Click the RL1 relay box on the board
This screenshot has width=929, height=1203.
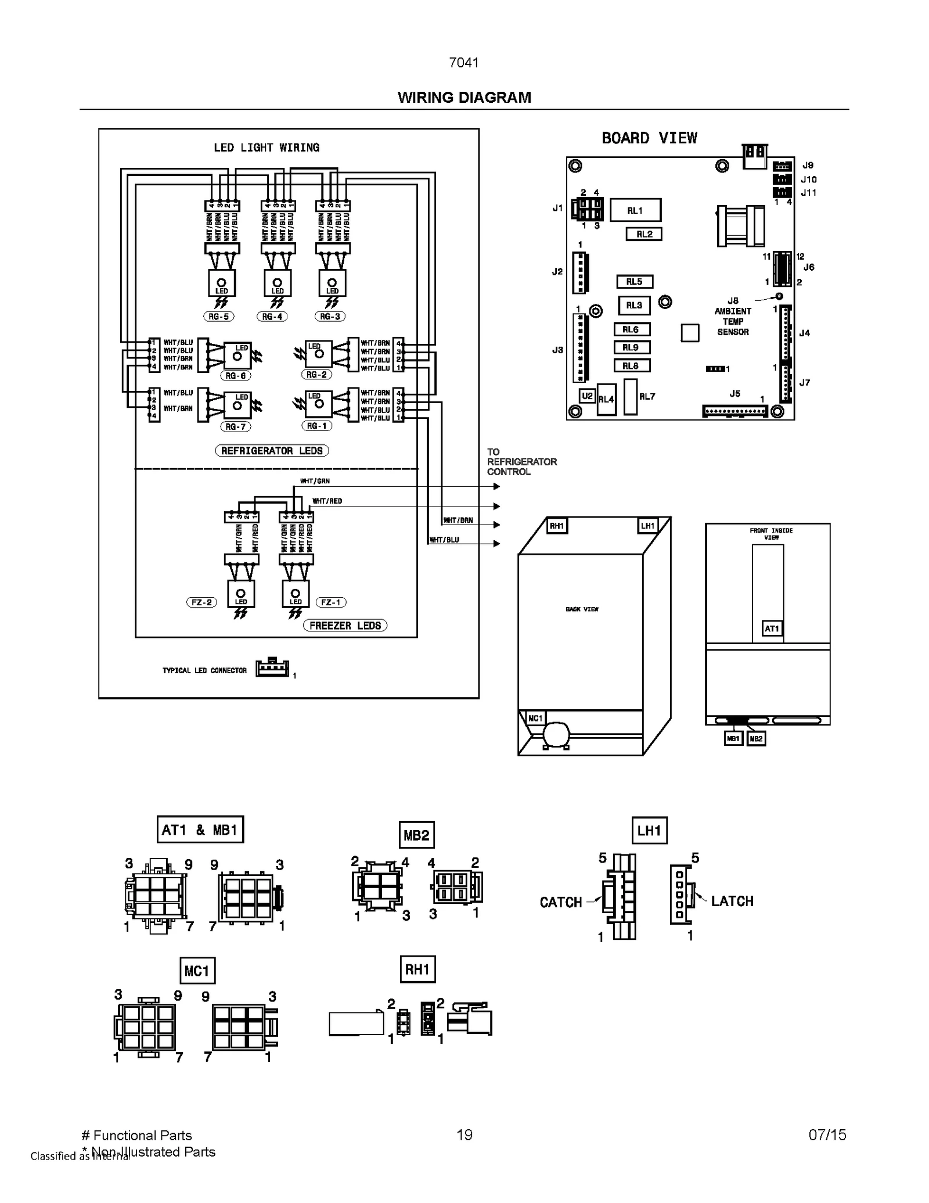coord(635,210)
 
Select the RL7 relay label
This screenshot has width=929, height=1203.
coord(647,396)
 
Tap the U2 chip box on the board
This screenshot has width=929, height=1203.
coord(587,396)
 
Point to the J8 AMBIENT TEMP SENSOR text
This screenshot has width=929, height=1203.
coord(732,317)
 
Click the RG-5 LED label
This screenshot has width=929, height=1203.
coord(219,317)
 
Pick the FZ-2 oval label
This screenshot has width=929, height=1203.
coord(201,602)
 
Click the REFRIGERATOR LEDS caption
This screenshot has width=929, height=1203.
coord(272,451)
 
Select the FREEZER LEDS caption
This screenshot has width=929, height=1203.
coord(345,626)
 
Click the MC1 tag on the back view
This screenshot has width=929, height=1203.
coord(535,719)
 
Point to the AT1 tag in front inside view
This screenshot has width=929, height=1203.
coord(771,629)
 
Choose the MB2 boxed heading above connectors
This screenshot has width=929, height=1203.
coord(416,835)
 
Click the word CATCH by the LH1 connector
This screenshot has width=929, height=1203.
coord(560,902)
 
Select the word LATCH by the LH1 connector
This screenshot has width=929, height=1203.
coord(732,901)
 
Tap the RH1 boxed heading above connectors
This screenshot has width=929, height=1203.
coord(417,969)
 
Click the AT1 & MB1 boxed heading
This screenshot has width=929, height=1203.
coord(200,829)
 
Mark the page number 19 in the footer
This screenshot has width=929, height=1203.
coord(464,1135)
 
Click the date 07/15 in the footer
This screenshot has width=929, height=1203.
coord(827,1135)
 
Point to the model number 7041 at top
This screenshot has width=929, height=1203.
coord(463,63)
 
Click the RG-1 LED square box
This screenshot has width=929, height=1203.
coord(318,404)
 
